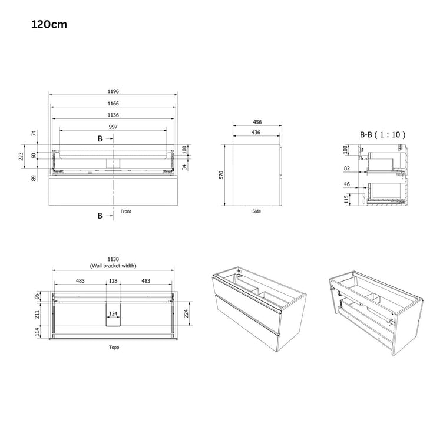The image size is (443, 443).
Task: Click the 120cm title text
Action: [x=49, y=24]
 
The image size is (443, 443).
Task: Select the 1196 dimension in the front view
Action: [x=113, y=91]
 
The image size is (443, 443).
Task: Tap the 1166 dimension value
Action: [x=113, y=104]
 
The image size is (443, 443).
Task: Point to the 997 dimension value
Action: [x=113, y=127]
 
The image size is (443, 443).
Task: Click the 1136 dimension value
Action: [x=113, y=115]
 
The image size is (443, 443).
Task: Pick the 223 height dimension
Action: [x=21, y=157]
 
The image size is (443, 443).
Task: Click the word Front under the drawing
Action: [x=125, y=211]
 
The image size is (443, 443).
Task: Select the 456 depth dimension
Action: [x=257, y=122]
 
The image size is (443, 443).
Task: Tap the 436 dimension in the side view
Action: [x=256, y=132]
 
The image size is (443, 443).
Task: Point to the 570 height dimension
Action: [x=221, y=175]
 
